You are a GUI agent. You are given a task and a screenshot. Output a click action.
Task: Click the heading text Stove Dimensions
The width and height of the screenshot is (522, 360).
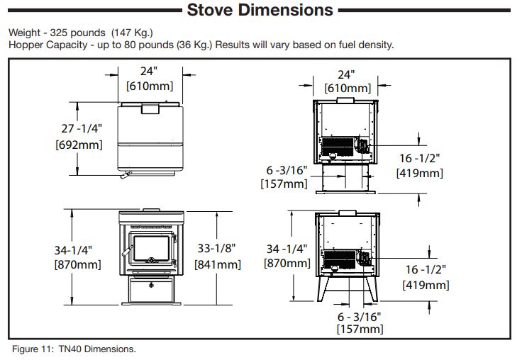click(259, 10)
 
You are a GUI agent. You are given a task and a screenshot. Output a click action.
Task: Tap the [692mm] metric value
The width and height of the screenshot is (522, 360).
click(79, 145)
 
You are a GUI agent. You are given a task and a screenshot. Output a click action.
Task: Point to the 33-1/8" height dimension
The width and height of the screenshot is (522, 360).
click(218, 249)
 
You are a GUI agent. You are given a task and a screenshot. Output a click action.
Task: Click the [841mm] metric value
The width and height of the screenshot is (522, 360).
click(218, 264)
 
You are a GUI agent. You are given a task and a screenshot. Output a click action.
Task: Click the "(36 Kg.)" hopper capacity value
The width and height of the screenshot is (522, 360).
click(190, 45)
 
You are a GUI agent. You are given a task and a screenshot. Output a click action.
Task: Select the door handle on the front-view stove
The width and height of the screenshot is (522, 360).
click(128, 252)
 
